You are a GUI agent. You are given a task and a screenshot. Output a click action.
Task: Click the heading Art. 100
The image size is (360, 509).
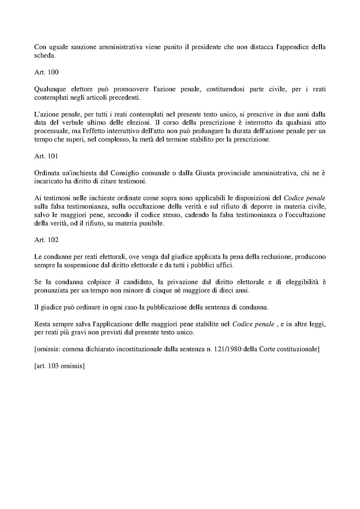point(46,72)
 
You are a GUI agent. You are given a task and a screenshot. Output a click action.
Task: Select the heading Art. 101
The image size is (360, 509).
point(46,156)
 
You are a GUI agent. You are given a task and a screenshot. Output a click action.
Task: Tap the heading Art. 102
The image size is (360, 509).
point(46,240)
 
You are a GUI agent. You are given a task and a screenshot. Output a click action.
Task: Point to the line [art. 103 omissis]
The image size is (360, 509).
point(59,366)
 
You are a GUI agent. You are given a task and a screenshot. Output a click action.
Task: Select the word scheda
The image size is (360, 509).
point(44,56)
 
